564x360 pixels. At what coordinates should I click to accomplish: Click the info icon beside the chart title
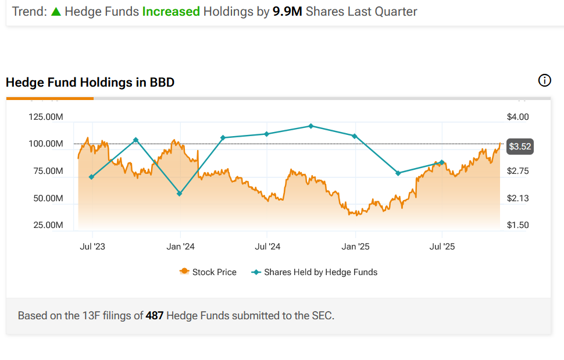coord(545,81)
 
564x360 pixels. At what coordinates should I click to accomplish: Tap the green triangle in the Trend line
coord(56,11)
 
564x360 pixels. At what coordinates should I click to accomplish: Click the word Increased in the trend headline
coord(171,11)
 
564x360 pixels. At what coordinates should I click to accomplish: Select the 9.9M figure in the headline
coord(287,11)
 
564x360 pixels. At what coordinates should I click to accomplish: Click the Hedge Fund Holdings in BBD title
coord(90,83)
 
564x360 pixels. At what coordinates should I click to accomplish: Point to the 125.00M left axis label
coord(46,117)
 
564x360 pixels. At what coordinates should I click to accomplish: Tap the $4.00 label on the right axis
coord(518,117)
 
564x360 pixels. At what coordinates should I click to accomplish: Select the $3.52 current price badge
coord(520,147)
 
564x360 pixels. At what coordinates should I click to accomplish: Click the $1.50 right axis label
coord(518,225)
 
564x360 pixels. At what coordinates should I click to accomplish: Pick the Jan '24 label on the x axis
coord(180,247)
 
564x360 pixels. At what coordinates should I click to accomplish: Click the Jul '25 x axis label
coord(442,247)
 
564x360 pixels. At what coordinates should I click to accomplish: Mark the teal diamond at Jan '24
coord(180,194)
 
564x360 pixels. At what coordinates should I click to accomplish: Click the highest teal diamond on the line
coord(311,126)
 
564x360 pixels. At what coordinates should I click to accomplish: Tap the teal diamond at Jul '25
coord(442,162)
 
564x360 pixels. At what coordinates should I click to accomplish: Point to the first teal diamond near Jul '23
coord(91,177)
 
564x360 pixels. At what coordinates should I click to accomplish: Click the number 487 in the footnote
coord(154,316)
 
